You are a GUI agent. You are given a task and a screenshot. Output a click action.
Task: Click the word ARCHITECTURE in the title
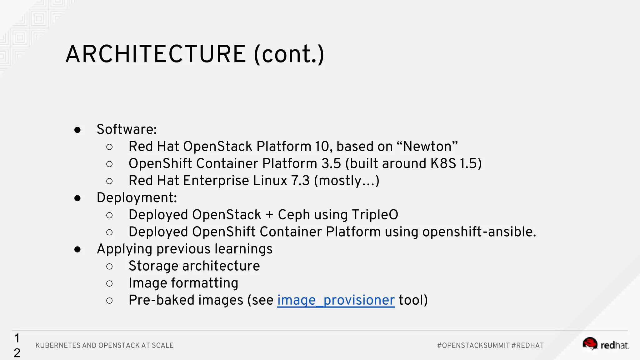156,54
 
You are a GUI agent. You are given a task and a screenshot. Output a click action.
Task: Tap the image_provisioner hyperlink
336,300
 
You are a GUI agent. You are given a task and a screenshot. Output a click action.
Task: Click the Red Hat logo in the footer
605,344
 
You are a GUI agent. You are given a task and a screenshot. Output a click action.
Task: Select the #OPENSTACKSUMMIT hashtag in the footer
473,346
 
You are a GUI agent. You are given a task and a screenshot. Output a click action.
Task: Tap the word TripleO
375,215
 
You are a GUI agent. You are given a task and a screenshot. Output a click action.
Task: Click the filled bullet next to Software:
77,130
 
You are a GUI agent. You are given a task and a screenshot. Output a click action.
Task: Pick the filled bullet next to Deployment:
77,198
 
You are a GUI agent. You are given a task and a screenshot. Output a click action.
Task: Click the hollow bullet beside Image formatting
109,283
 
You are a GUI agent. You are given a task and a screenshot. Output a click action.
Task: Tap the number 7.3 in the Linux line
300,181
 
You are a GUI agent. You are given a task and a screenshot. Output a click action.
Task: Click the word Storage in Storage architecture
153,266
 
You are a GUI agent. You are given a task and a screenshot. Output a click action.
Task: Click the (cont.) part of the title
289,54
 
